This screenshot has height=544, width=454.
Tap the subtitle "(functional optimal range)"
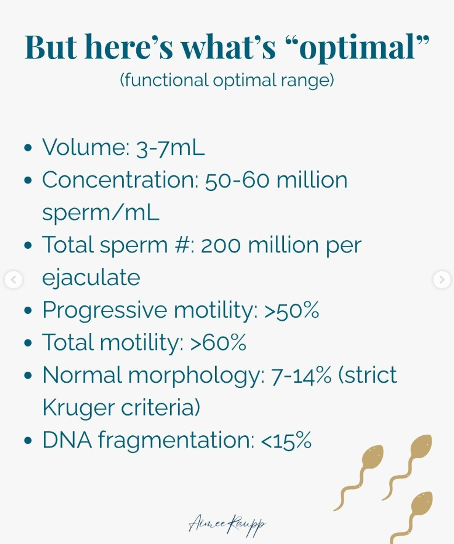pos(227,80)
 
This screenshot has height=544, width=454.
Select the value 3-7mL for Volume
pos(170,147)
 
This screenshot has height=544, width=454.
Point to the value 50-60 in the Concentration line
pos(237,180)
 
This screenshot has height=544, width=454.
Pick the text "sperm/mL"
pos(100,212)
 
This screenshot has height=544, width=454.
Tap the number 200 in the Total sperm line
pos(221,245)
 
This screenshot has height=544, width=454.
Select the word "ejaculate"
pos(91,278)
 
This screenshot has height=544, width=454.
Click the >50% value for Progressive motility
pos(292,310)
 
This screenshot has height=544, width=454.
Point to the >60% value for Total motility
pos(218,342)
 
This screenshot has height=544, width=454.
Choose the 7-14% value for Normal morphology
pos(301,375)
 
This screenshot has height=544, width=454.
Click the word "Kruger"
pos(78,408)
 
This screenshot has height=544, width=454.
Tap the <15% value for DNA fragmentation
pos(286,440)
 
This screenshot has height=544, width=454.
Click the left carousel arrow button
pos(13,280)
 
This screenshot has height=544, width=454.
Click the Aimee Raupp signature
pos(227,525)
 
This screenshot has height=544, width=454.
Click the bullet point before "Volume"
pos(28,148)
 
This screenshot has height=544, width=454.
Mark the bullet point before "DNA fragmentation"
pos(28,441)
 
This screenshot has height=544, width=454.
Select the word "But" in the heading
pos(51,47)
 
